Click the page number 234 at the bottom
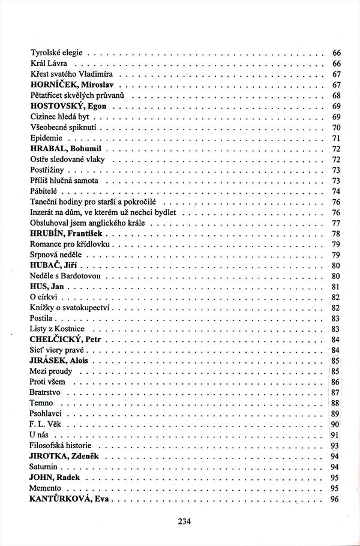pos(184,521)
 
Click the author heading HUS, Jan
pos(46,286)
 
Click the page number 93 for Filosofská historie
pos(335,445)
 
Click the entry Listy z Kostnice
pos(57,329)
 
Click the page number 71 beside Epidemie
pos(336,138)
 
